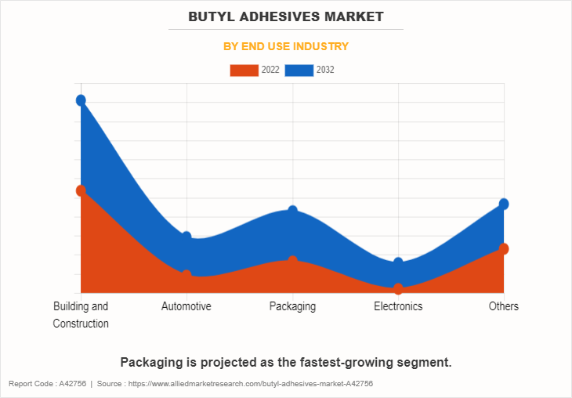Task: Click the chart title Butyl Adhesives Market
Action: click(285, 16)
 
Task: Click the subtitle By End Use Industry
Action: click(285, 46)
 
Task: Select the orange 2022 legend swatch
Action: click(244, 71)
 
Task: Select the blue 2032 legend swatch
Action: click(299, 71)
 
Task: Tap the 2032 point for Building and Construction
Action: click(81, 100)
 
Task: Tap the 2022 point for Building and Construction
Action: click(81, 190)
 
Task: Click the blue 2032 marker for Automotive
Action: click(186, 237)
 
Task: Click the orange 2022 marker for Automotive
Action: click(186, 275)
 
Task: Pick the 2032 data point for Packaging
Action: click(292, 211)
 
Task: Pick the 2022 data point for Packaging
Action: click(292, 261)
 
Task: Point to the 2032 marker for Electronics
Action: click(398, 262)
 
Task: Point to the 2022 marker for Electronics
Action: click(398, 288)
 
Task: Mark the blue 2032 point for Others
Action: click(504, 204)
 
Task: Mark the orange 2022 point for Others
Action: click(504, 248)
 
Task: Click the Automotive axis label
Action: click(186, 306)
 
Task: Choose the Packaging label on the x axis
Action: click(292, 306)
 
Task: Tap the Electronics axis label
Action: click(398, 306)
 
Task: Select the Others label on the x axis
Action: click(504, 306)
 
